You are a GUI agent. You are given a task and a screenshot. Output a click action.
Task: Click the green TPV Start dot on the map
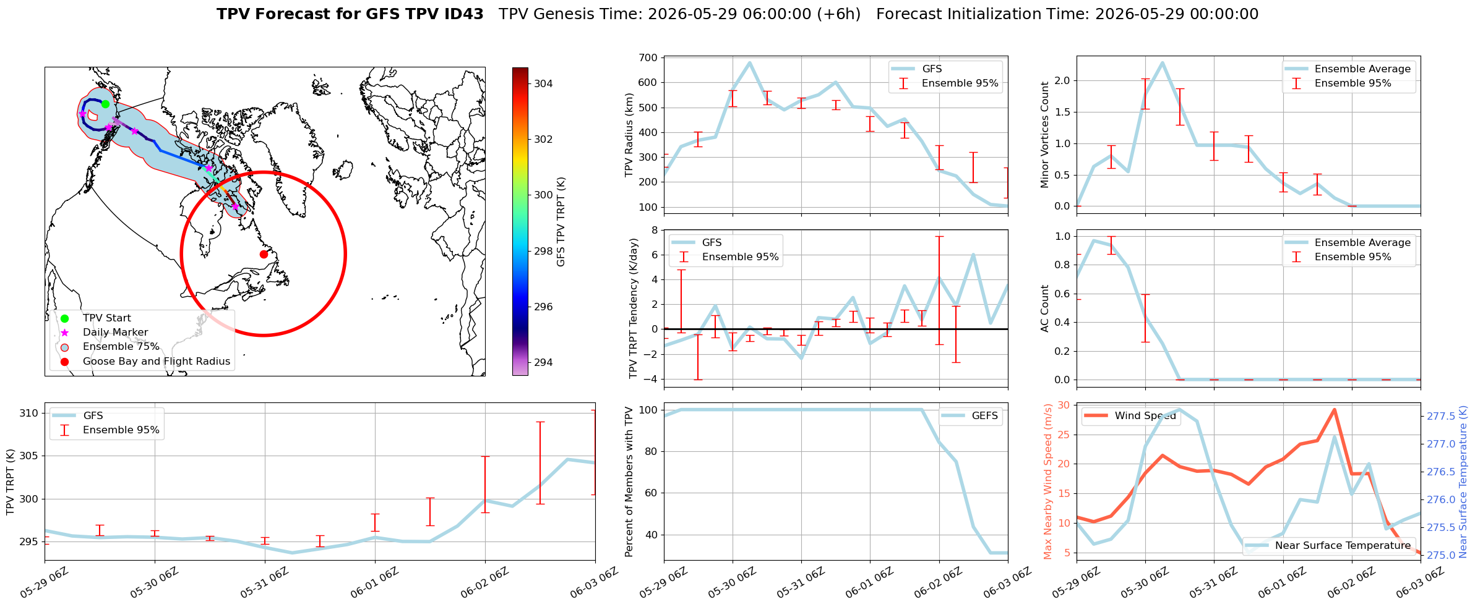105,104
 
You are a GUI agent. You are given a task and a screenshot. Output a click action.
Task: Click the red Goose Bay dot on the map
264,254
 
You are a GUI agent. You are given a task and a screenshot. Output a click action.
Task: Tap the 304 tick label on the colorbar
543,83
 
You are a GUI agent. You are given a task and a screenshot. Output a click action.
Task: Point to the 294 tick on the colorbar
543,362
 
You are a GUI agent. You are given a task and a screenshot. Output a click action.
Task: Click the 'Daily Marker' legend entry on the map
115,333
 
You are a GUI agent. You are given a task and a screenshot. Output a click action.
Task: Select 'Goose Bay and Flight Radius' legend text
157,362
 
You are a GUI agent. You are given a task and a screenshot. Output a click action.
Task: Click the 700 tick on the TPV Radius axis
648,57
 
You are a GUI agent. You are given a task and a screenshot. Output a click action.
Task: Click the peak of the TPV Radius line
750,62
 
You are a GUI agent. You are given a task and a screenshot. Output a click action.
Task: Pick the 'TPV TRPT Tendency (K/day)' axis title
633,308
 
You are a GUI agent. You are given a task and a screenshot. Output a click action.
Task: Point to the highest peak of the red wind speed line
1334,409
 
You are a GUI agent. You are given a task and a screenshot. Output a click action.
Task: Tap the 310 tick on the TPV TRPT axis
29,414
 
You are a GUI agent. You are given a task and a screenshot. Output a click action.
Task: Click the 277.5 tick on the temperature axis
1441,417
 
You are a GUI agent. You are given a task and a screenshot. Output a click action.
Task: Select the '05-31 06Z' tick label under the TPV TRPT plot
265,583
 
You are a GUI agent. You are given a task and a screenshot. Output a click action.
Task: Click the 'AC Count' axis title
1046,308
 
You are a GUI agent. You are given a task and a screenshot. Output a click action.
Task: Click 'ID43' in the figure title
463,14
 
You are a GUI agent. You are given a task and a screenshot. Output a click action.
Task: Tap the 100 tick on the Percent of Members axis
648,410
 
